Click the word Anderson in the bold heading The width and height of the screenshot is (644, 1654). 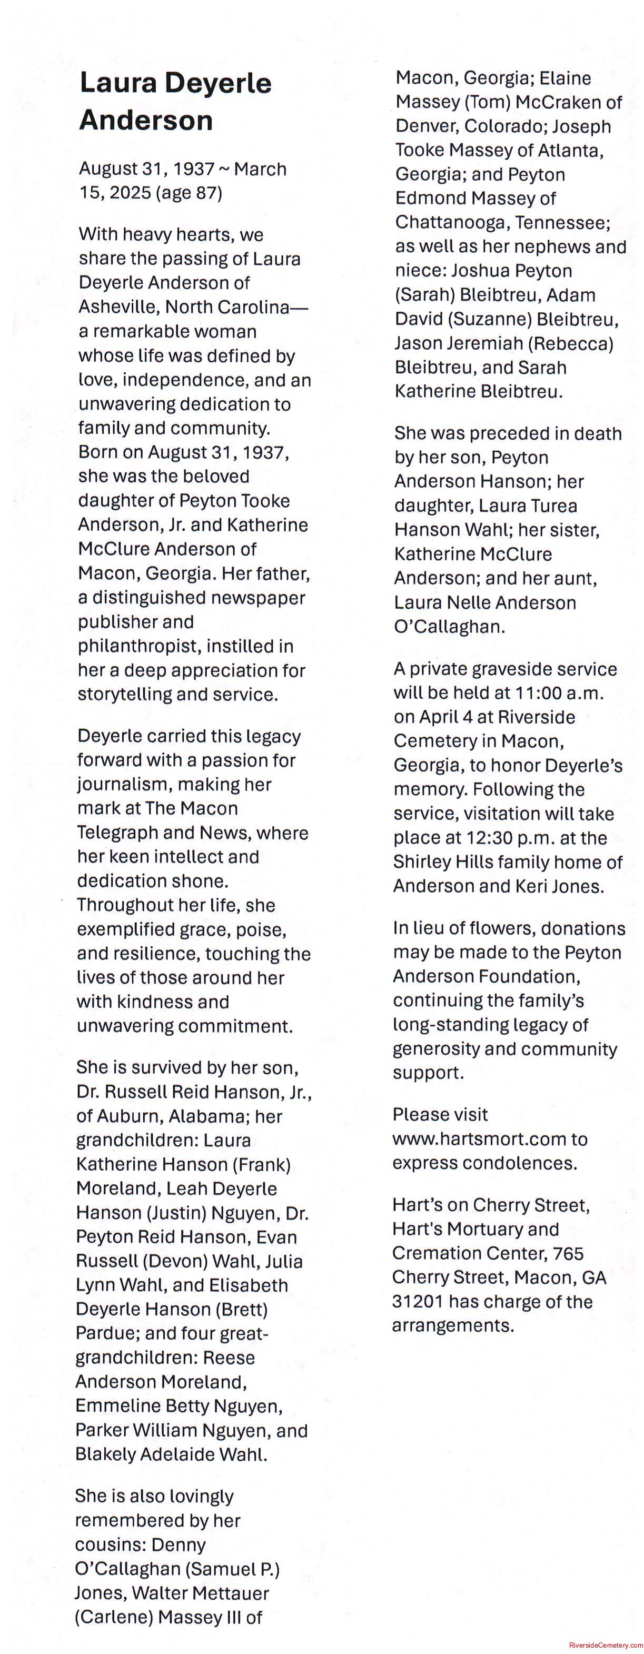pos(146,120)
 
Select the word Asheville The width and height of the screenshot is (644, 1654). pos(119,307)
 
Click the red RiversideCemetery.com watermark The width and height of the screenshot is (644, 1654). pos(606,1645)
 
